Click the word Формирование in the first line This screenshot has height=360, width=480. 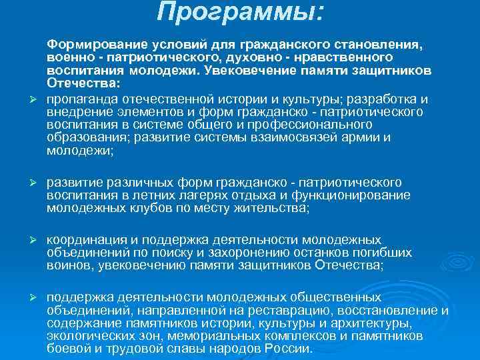pos(87,45)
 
